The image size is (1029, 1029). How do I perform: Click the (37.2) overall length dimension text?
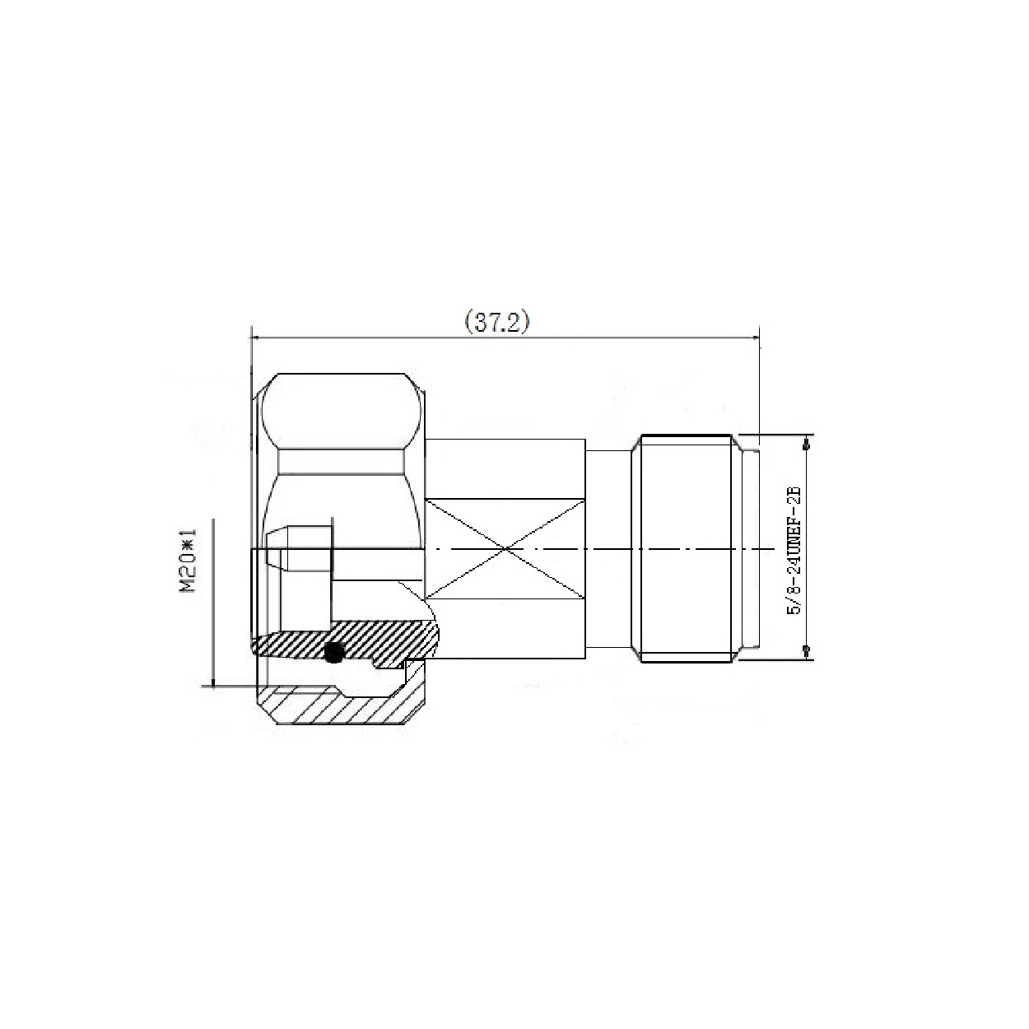coord(497,323)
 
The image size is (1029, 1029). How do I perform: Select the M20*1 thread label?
coord(188,560)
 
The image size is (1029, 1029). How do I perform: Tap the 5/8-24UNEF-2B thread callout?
coord(795,551)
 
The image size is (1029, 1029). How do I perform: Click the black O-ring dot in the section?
coord(333,652)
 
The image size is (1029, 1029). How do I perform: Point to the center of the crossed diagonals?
coord(505,548)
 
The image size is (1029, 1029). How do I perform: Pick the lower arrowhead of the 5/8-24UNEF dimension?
coord(807,650)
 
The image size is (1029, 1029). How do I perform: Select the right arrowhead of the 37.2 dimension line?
coord(753,338)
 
